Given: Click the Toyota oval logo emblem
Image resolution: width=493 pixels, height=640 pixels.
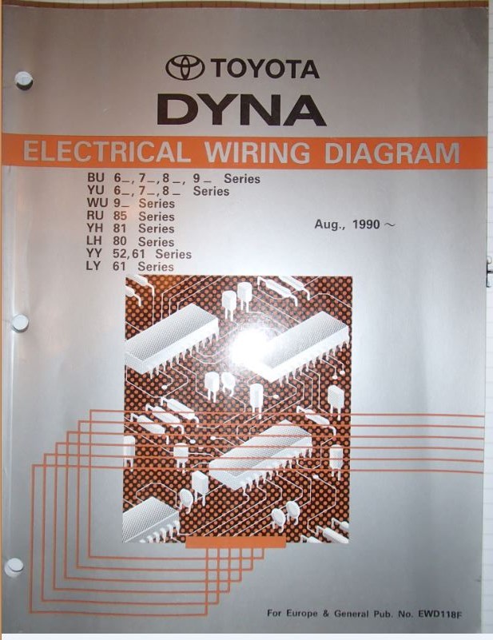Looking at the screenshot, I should pos(185,69).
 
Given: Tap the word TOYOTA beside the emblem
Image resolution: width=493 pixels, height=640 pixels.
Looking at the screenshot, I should pos(264,69).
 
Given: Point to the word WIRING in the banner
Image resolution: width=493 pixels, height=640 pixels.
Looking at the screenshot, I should pos(255,152).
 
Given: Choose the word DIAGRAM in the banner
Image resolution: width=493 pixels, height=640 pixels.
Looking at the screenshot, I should pos(390,152).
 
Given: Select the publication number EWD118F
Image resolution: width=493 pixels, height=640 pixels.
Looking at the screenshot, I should pos(451,614).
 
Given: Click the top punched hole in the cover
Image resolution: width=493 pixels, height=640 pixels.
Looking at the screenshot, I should pos(24,80).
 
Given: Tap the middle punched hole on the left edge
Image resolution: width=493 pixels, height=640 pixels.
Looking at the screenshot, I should pos(20,323).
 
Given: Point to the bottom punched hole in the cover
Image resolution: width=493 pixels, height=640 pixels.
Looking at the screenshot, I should pos(14,566).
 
